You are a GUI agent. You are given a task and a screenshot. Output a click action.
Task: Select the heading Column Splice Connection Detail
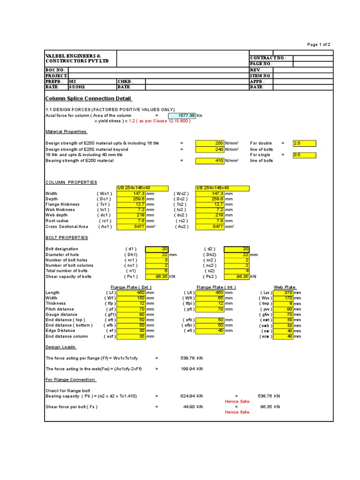[x=88, y=98]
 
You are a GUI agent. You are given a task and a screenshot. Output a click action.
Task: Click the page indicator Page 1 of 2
[x=319, y=45]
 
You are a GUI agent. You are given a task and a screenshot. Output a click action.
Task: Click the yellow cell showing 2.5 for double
[x=304, y=143]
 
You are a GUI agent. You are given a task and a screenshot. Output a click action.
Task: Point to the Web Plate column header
[x=285, y=287]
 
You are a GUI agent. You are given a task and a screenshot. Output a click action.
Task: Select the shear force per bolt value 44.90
[x=192, y=407]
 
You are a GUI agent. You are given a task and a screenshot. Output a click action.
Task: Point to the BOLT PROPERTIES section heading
[x=67, y=238]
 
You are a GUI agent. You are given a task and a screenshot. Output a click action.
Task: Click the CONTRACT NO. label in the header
[x=268, y=58]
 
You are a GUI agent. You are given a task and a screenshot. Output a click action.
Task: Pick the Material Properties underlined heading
[x=66, y=132]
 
